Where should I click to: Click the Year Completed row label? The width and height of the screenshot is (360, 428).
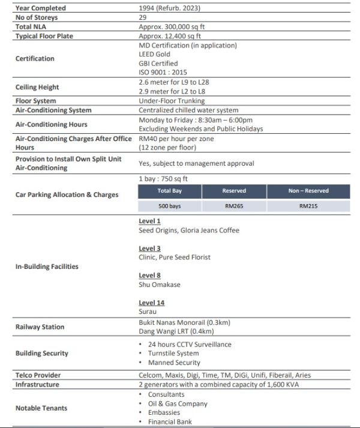(41, 8)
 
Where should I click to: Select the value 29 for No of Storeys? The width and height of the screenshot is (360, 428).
(143, 18)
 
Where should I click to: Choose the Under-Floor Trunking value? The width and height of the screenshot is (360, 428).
(172, 101)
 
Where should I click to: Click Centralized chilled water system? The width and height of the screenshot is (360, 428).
(188, 110)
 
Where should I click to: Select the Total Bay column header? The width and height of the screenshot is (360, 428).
(170, 191)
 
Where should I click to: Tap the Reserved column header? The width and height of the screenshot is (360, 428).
(234, 191)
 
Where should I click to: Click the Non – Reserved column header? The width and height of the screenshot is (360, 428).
(308, 191)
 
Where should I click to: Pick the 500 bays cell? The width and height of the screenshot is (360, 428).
(170, 206)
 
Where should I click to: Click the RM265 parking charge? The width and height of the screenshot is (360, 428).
(234, 206)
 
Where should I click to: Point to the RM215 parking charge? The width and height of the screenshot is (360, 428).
(308, 206)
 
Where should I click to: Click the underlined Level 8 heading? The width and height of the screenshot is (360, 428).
(150, 276)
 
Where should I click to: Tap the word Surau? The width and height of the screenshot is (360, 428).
(148, 312)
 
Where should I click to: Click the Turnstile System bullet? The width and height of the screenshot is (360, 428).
(173, 354)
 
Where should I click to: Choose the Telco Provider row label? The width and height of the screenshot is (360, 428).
(38, 375)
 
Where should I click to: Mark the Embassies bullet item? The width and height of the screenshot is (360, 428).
(165, 413)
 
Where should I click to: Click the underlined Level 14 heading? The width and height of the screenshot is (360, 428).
(152, 303)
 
